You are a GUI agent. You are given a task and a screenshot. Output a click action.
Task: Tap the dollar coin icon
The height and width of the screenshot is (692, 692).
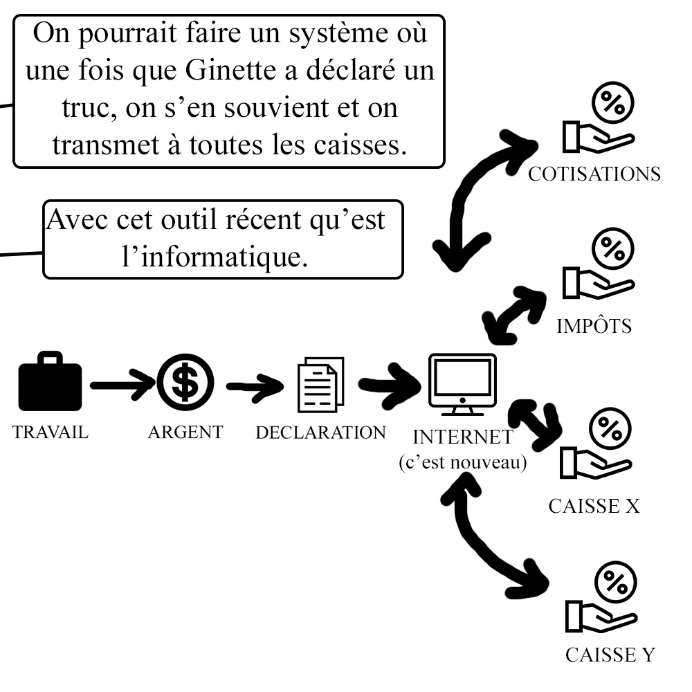(x=185, y=383)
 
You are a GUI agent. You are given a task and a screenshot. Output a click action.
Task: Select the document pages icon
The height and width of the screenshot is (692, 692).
(x=320, y=385)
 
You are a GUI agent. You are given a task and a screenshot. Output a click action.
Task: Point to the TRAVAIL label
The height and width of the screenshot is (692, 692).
(x=51, y=432)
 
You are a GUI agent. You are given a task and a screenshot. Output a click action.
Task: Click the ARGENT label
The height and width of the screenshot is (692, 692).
(x=185, y=432)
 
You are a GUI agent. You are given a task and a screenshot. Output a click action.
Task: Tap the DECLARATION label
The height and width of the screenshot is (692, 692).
(x=320, y=432)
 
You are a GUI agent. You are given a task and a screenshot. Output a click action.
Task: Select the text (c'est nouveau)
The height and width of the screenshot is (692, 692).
(x=462, y=462)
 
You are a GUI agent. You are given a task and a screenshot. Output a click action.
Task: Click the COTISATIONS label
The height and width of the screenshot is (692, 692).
(x=594, y=174)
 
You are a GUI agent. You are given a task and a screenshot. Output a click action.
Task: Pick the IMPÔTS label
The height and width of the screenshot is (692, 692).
(x=594, y=326)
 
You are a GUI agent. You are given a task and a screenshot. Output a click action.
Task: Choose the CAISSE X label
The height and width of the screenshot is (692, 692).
(x=594, y=506)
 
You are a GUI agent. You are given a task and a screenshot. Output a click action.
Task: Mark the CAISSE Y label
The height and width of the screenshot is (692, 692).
(x=609, y=654)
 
